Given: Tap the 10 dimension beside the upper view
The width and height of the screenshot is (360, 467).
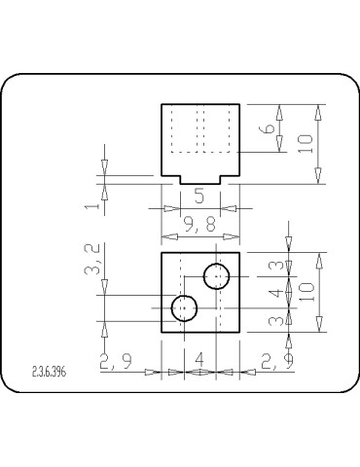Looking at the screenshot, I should [306, 143].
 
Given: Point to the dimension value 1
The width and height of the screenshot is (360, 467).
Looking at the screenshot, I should [90, 207].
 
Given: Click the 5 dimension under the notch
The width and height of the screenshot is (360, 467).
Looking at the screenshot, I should [199, 195].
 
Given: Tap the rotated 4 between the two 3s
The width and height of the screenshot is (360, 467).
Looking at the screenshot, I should [275, 292].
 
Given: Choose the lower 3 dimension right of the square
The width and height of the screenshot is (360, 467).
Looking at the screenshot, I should [275, 320].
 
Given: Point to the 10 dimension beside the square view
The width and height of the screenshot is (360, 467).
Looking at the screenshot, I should [306, 293].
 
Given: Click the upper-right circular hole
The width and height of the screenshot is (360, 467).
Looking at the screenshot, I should [216, 276].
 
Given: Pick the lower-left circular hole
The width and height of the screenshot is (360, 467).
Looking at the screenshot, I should [184, 308].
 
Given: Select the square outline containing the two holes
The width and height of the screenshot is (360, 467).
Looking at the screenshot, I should [162, 292].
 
